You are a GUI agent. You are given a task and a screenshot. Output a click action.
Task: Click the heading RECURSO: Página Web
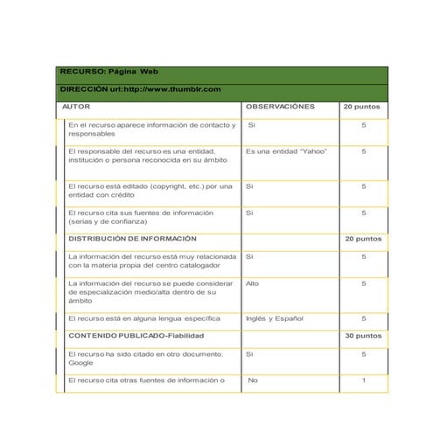(108, 73)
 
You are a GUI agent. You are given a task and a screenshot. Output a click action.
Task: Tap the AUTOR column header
(70, 106)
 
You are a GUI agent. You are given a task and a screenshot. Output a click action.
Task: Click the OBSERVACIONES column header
(280, 106)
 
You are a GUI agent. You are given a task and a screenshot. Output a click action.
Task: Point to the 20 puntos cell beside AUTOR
(362, 106)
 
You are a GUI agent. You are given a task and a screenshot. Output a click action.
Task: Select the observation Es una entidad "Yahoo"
(286, 150)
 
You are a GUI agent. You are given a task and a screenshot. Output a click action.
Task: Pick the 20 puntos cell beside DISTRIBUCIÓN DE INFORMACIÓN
(362, 238)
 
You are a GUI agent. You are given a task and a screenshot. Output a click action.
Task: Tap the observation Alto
(252, 283)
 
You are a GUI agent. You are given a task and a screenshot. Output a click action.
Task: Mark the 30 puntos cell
(362, 335)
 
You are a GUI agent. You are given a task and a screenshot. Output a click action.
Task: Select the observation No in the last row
(253, 381)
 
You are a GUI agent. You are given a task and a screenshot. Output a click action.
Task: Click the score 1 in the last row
(363, 381)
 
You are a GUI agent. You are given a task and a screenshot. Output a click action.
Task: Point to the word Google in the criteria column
(80, 361)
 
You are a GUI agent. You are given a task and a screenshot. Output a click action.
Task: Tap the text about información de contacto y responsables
(151, 129)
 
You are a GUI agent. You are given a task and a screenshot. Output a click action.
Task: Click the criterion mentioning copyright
(150, 190)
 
